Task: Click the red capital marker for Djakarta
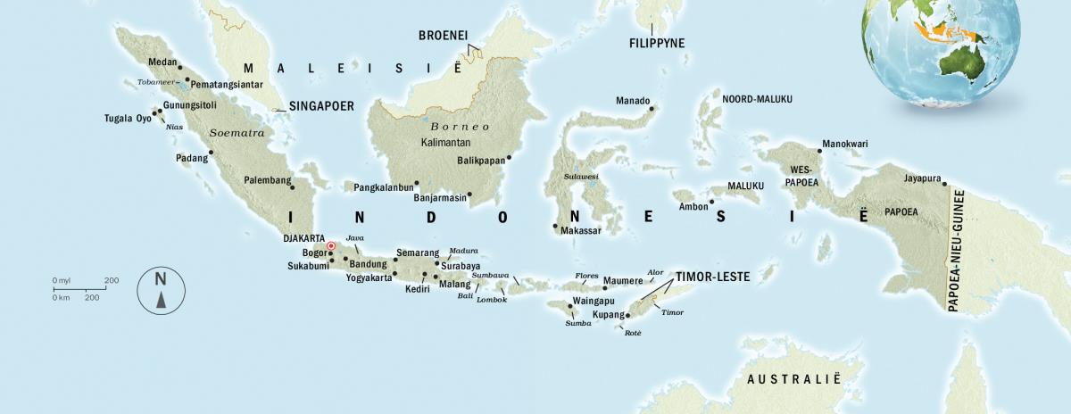point(330,246)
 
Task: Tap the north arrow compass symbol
point(161,290)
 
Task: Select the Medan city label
point(162,62)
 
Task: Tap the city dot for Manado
point(652,109)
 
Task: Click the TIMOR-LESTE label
point(712,277)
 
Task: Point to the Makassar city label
point(581,230)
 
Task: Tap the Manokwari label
point(844,143)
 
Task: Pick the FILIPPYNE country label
point(657,42)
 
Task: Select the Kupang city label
point(607,316)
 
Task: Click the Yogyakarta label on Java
point(369,277)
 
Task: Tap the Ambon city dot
point(710,202)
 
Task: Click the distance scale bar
point(87,289)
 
